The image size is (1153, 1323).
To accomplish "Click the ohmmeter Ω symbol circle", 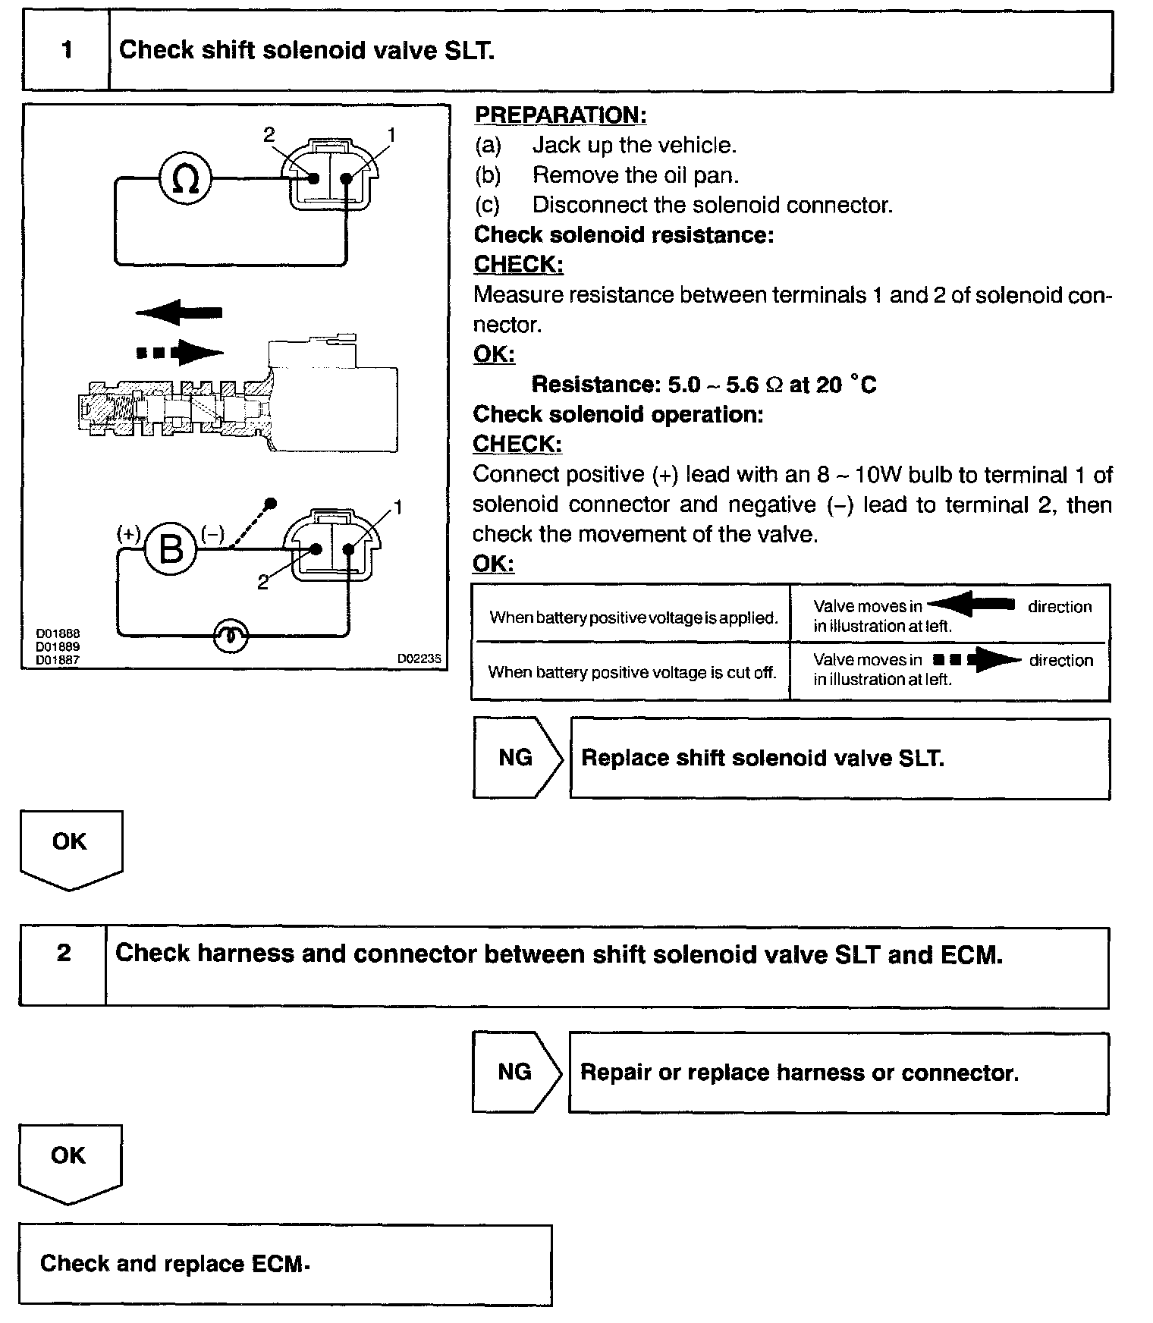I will (x=185, y=179).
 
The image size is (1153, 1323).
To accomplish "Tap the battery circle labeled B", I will (x=171, y=548).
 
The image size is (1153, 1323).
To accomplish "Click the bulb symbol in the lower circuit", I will (x=230, y=636).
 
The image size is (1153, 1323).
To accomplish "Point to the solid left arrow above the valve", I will (x=179, y=312).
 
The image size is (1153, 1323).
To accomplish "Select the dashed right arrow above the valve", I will (x=180, y=352).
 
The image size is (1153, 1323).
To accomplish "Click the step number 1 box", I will (x=67, y=51).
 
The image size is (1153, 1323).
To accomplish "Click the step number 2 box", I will (x=64, y=954).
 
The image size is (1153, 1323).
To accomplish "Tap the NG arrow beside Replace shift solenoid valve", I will (x=517, y=758).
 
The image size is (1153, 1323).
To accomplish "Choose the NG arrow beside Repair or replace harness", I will (x=517, y=1072).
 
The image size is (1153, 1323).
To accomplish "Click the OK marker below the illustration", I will (x=70, y=843).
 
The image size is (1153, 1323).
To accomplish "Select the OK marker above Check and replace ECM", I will (x=68, y=1157).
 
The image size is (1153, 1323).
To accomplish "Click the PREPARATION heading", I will (x=560, y=115).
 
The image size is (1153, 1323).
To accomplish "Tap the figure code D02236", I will (x=419, y=659).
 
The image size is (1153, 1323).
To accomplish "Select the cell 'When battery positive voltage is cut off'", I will (x=632, y=672).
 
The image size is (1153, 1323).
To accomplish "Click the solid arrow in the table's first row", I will (x=972, y=605).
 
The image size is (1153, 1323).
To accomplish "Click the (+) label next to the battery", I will (x=128, y=534).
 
